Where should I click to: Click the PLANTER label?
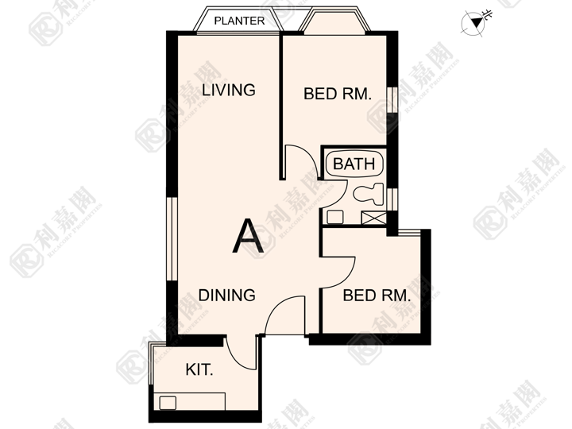[239, 21]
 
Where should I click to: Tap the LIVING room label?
[229, 90]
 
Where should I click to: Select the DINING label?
[226, 295]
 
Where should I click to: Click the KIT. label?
[199, 370]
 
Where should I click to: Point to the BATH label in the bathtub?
[354, 164]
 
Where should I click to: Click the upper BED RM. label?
[338, 94]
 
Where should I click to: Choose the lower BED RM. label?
[377, 295]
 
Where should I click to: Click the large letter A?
[248, 236]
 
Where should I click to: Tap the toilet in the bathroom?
[369, 194]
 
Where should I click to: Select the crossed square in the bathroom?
[373, 218]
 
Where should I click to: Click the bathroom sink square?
[335, 218]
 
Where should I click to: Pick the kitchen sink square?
[168, 403]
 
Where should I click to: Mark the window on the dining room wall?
[172, 239]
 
